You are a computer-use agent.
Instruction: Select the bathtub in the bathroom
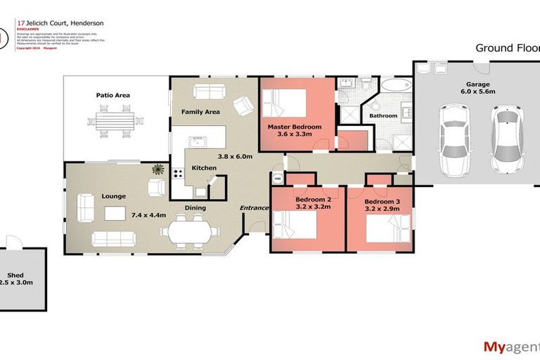click(393, 86)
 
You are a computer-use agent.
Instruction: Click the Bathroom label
click(384, 115)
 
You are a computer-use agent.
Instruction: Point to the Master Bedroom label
click(294, 127)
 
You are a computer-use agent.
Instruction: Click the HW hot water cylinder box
click(277, 179)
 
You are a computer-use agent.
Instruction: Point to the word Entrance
click(255, 208)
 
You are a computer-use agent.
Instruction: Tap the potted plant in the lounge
click(158, 169)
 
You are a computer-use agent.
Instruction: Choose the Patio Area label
click(113, 95)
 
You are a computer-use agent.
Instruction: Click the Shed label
click(15, 275)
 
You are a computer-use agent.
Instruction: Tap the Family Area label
click(200, 112)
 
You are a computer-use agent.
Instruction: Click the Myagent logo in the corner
click(510, 346)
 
